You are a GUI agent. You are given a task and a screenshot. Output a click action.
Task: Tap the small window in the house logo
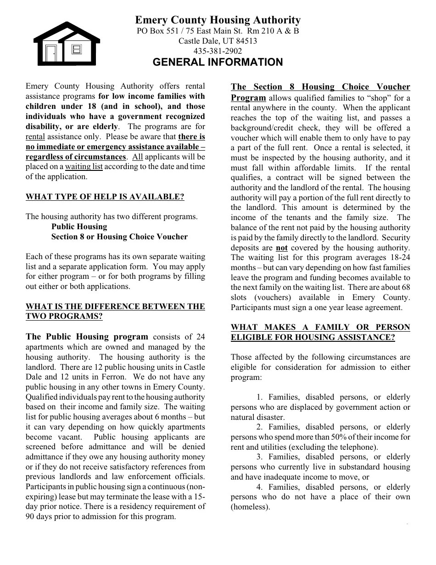pos(77,49)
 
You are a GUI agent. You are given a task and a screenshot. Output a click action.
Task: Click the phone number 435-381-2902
pos(218,51)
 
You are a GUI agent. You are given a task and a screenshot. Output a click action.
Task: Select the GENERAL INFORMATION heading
pos(218,62)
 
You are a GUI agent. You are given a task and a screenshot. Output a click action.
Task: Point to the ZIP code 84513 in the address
pos(246,41)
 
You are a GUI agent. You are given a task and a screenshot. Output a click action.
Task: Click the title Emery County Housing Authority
pos(218,20)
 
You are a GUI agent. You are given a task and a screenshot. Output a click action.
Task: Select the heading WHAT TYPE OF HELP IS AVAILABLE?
pos(105,197)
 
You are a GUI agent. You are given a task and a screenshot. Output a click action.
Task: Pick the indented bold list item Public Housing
pos(79,226)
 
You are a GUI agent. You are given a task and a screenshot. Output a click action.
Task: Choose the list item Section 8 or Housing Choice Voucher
pos(119,237)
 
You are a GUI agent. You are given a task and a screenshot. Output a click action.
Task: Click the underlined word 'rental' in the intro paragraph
pos(35,136)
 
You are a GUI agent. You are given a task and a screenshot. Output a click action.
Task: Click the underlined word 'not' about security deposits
pos(282,248)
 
